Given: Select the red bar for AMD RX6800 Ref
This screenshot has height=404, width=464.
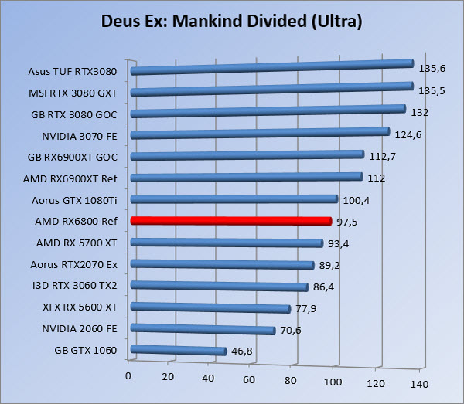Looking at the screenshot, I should coord(230,221).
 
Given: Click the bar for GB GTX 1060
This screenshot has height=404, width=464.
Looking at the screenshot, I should coord(178,351).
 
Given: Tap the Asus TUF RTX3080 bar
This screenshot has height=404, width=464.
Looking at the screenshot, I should coord(271,70).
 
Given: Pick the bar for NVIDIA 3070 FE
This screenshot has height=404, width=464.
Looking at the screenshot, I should coord(259,134).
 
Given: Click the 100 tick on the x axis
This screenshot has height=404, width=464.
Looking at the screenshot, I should coord(333,382).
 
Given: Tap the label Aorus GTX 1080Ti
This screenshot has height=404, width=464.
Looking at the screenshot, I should coord(77,200).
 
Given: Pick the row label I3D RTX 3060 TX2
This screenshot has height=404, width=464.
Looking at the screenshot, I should coord(76,285).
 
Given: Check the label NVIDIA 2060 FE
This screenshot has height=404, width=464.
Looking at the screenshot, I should coord(80,328).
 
